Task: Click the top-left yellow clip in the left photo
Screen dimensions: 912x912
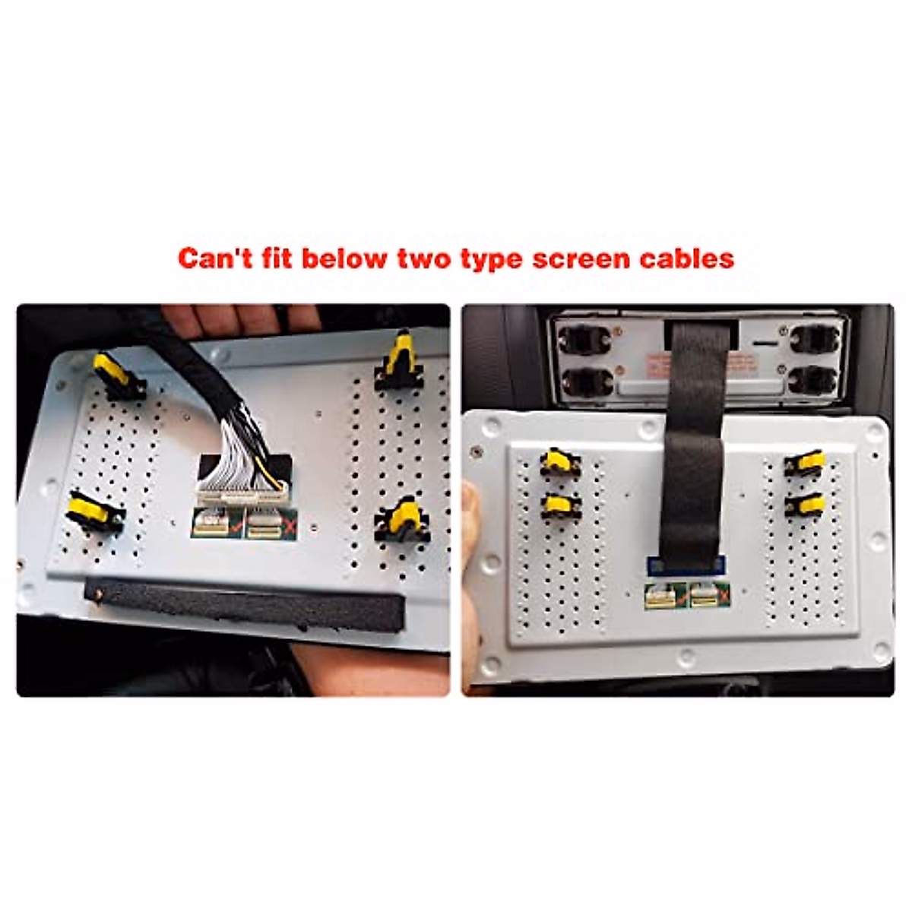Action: tap(114, 372)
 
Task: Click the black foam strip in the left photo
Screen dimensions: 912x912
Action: tap(243, 604)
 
